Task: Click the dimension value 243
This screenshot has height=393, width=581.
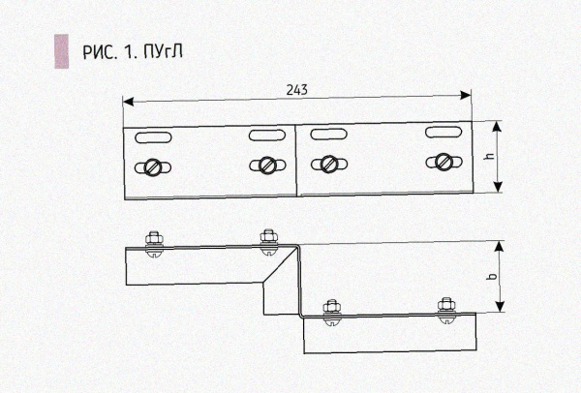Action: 297,90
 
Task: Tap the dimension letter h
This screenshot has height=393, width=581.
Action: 490,156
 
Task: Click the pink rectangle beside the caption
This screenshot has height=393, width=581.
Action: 60,52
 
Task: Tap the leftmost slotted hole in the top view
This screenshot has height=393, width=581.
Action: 155,135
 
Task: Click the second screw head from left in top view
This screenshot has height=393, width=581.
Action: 264,165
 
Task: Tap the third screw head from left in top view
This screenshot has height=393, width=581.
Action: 329,163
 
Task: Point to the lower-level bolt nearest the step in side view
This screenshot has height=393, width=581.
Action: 330,309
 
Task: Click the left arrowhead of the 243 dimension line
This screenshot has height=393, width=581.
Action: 127,100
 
